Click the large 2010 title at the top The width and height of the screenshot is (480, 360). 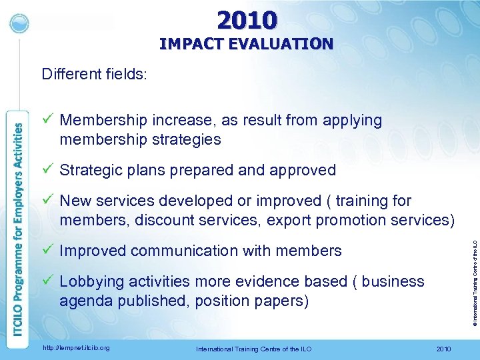[x=247, y=20]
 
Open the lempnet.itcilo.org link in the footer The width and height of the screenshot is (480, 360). [x=75, y=348]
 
